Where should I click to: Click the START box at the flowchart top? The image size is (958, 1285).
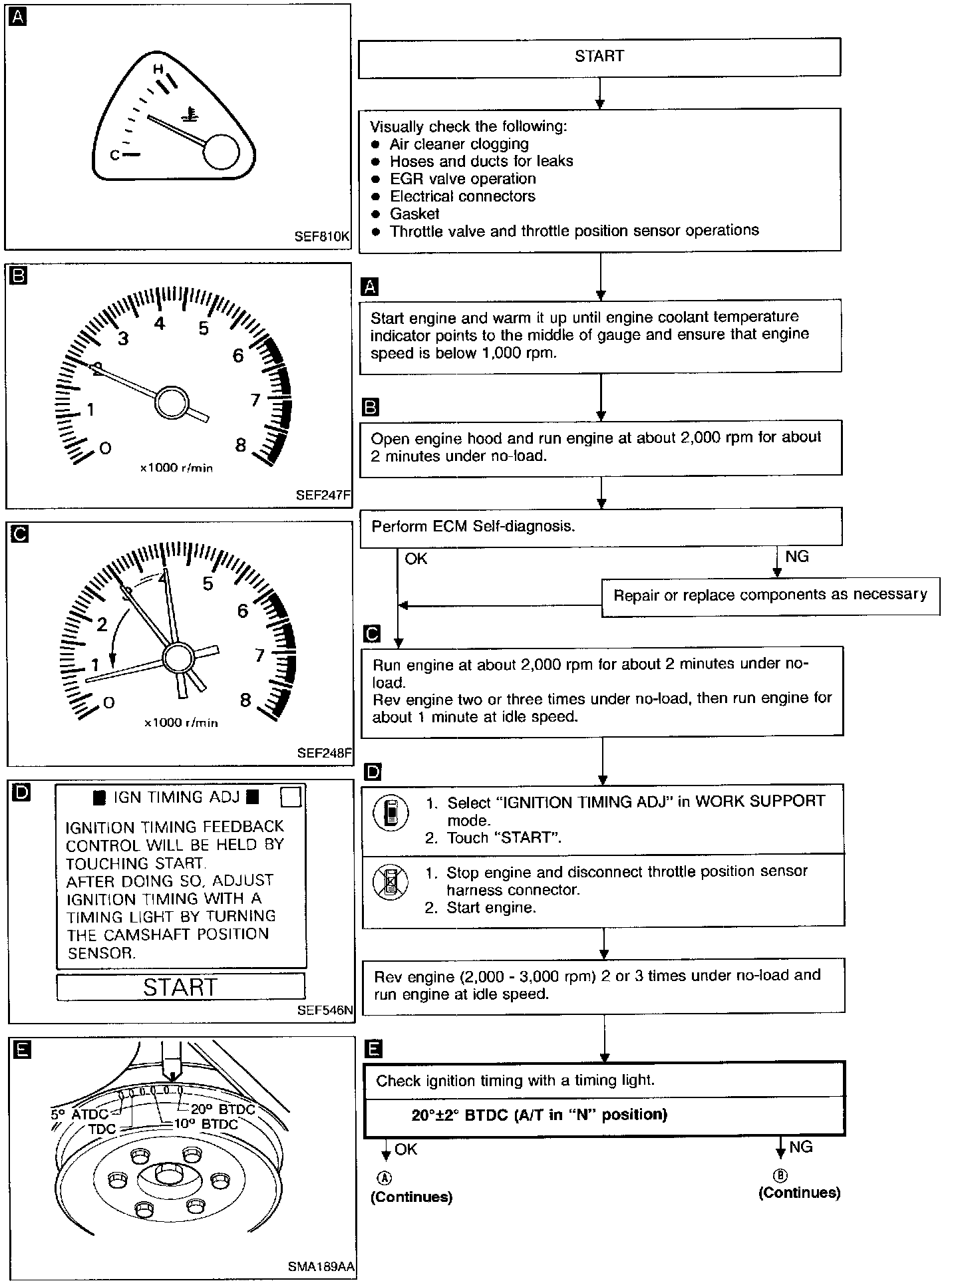(x=599, y=57)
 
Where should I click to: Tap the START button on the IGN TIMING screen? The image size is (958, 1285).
(x=180, y=986)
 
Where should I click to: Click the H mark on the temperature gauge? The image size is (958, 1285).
(x=158, y=69)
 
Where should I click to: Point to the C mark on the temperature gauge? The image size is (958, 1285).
(x=114, y=155)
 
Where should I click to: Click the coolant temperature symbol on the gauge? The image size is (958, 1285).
(x=192, y=116)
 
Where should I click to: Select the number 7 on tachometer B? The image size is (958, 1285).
(x=255, y=400)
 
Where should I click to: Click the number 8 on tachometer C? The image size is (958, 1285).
(x=245, y=700)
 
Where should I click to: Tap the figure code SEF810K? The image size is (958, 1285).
(x=322, y=236)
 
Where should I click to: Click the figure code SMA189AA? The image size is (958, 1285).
(x=321, y=1267)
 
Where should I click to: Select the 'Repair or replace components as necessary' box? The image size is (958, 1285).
(x=770, y=595)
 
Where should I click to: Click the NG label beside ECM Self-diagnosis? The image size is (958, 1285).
(x=797, y=556)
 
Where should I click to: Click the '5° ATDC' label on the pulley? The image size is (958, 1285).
(x=79, y=1114)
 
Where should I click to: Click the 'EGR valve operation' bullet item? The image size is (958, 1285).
(x=462, y=179)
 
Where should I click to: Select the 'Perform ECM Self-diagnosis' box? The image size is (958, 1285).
(x=601, y=527)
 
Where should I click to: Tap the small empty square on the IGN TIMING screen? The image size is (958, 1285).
(x=291, y=796)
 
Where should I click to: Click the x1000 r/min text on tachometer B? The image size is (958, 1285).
(x=176, y=468)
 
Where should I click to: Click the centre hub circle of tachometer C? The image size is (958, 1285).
(x=177, y=658)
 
